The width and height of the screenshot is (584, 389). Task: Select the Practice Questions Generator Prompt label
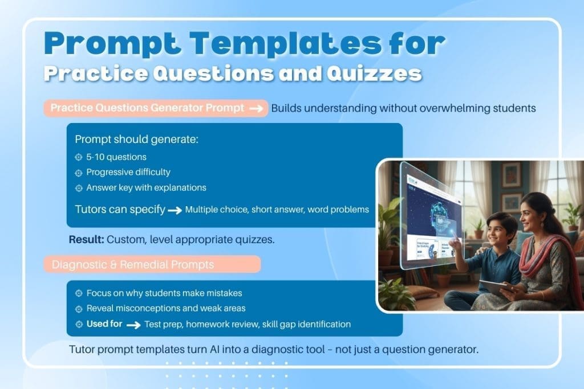pyautogui.click(x=147, y=108)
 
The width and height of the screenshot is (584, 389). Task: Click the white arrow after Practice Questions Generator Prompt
pyautogui.click(x=258, y=109)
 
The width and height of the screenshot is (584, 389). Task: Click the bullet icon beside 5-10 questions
pyautogui.click(x=79, y=157)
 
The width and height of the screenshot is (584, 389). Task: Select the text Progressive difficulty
pyautogui.click(x=128, y=172)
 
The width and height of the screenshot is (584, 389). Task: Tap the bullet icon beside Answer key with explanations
pyautogui.click(x=79, y=187)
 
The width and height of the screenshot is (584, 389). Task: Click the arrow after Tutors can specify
pyautogui.click(x=174, y=210)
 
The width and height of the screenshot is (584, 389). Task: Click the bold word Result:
pyautogui.click(x=86, y=240)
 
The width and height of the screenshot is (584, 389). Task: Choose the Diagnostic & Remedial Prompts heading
pyautogui.click(x=133, y=264)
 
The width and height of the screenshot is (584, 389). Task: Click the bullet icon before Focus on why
pyautogui.click(x=79, y=293)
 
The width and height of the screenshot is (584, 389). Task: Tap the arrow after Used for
pyautogui.click(x=133, y=325)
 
